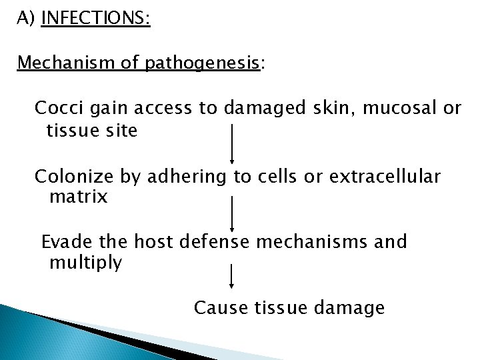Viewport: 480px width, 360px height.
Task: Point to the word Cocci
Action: [x=59, y=108]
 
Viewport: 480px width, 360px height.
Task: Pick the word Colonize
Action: [x=75, y=176]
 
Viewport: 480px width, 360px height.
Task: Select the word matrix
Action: [x=78, y=197]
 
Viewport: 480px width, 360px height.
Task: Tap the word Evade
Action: [x=65, y=241]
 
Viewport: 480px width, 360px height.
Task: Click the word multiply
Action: [x=86, y=263]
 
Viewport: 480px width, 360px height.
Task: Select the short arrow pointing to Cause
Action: [x=231, y=276]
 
